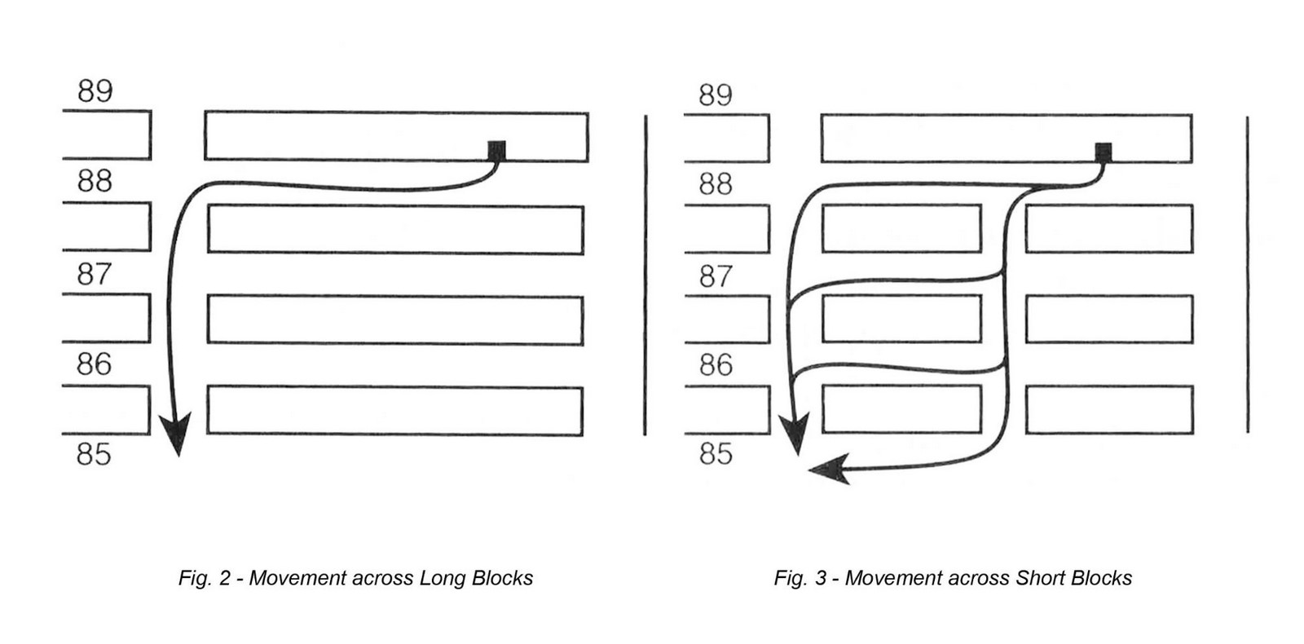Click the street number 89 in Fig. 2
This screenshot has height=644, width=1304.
(95, 90)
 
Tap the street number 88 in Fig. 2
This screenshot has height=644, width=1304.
(95, 181)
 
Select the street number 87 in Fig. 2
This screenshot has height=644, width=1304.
(95, 274)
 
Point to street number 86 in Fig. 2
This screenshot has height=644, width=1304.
(94, 364)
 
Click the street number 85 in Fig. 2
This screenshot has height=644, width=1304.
(94, 454)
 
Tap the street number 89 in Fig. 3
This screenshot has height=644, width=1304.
(716, 95)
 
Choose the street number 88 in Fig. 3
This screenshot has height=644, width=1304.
(716, 184)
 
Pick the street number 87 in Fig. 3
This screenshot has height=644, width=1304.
(716, 276)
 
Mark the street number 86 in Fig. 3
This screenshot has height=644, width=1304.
(716, 365)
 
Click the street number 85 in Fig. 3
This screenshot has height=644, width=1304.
(716, 453)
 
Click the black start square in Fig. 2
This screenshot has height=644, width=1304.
(496, 150)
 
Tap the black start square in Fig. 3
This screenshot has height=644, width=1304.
(1104, 152)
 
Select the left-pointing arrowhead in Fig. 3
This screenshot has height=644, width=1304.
(830, 469)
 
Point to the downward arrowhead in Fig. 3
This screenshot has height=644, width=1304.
(795, 433)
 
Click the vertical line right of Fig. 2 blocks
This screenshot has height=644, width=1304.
(645, 275)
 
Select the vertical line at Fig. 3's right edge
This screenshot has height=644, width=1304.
(1248, 274)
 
